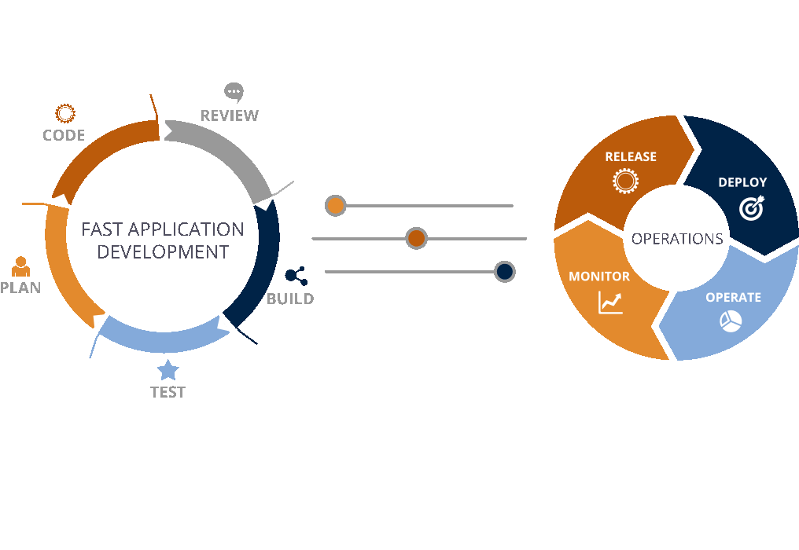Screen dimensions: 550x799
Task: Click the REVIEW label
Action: tap(229, 115)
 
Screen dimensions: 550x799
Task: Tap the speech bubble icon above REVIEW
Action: tap(234, 92)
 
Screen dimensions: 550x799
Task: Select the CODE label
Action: tap(64, 135)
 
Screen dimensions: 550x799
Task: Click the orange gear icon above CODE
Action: tap(64, 113)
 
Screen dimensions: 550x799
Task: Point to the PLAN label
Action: tap(20, 288)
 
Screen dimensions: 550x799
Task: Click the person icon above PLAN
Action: tap(20, 266)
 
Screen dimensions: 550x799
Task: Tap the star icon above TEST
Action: tap(168, 370)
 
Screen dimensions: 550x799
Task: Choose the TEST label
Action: tap(168, 392)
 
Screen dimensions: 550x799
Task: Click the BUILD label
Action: tap(290, 299)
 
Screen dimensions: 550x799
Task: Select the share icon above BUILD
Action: tap(296, 276)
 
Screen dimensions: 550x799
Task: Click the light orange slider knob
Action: tap(336, 206)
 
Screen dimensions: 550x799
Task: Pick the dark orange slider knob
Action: tap(416, 238)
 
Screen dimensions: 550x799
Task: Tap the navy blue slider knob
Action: tap(504, 272)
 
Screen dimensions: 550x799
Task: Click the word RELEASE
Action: tap(631, 156)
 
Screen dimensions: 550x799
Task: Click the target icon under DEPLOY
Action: tap(752, 207)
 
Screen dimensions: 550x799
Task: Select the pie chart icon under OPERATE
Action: tap(731, 321)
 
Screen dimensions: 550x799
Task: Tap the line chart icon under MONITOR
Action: tap(610, 302)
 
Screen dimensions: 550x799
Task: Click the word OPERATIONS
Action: tap(677, 239)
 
